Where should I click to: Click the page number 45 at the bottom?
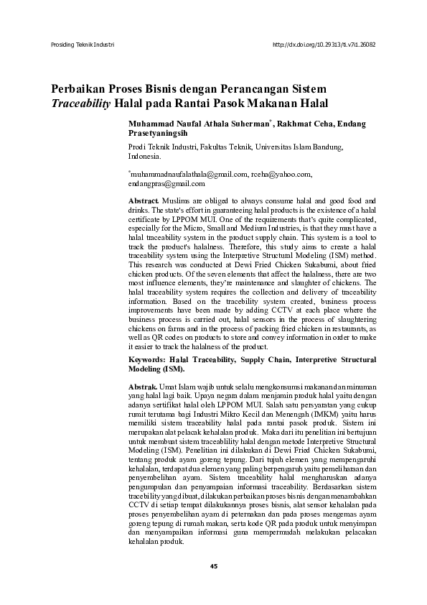coord(213,568)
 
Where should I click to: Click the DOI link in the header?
coord(324,45)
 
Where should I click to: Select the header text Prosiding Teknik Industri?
coord(83,45)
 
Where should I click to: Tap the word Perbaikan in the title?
coord(77,90)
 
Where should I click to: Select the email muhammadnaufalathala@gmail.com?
coord(188,174)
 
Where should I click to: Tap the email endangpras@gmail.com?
coord(160,183)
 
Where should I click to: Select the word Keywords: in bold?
coord(146,358)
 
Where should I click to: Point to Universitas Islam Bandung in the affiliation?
coord(303,147)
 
